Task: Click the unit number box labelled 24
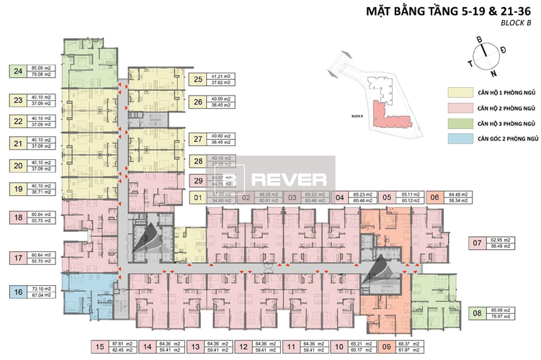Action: (x=17, y=71)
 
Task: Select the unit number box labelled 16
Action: (x=17, y=292)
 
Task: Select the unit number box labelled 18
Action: (x=17, y=217)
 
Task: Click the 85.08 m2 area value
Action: (x=502, y=309)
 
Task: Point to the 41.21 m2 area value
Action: (x=220, y=76)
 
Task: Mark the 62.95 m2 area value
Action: (x=502, y=241)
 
